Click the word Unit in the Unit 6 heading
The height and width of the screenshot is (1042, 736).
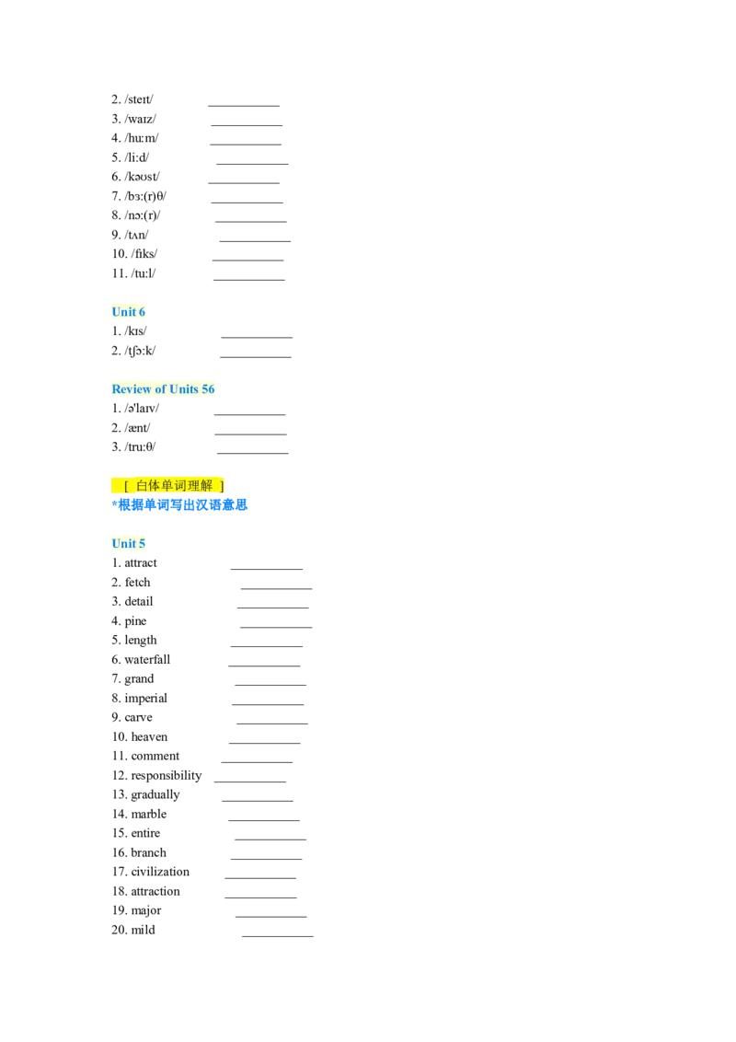[x=123, y=312]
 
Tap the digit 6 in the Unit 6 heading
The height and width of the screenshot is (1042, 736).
[x=142, y=312]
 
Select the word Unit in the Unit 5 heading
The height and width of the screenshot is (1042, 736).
[x=123, y=544]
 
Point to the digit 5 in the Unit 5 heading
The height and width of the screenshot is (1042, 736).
[x=142, y=544]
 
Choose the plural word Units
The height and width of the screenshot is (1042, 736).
[x=184, y=389]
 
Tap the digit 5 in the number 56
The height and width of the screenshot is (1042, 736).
[x=205, y=389]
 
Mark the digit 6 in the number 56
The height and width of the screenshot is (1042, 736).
[x=212, y=389]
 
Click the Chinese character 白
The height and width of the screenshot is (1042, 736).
[x=142, y=485]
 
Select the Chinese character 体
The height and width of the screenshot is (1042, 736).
[x=155, y=485]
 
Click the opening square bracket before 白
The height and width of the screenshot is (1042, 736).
[x=126, y=485]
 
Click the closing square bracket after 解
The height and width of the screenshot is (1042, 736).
[x=222, y=485]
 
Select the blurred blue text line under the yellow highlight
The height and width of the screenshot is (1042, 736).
[x=180, y=504]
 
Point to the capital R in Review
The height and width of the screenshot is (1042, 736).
[x=116, y=389]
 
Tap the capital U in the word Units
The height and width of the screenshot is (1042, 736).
[x=173, y=389]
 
